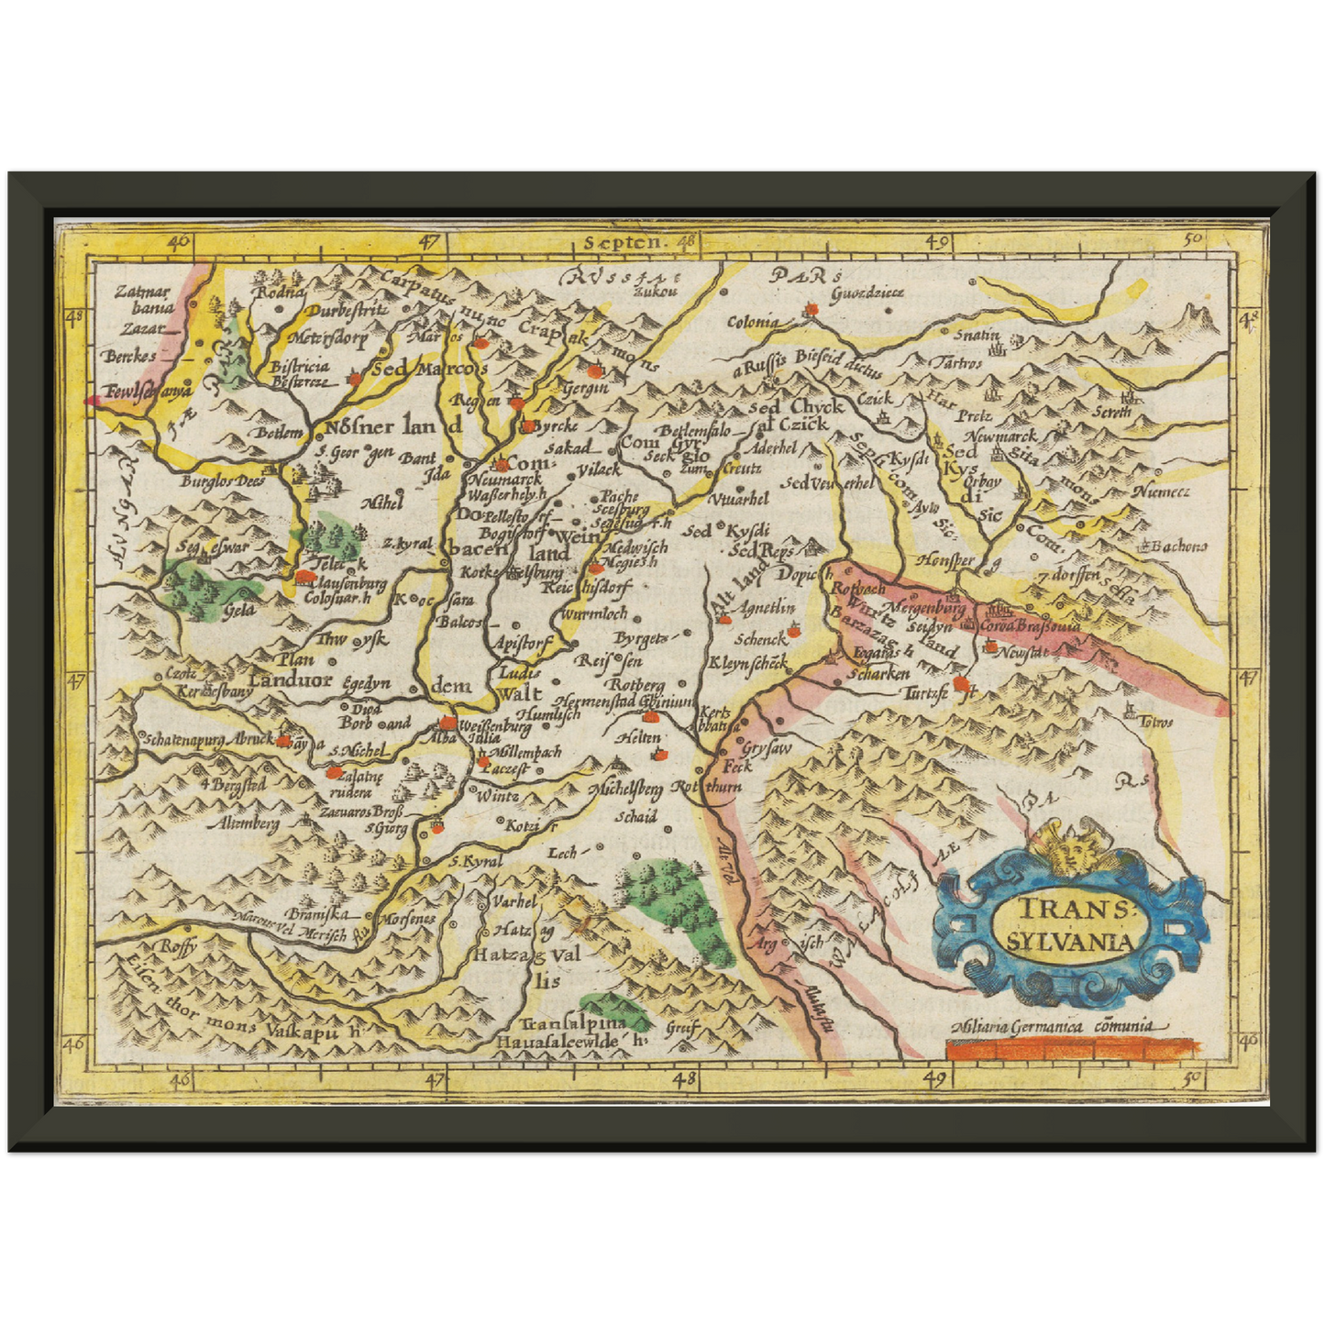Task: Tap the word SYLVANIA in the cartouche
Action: tap(1069, 941)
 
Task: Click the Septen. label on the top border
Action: tap(622, 243)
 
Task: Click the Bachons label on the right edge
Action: tap(1179, 547)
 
